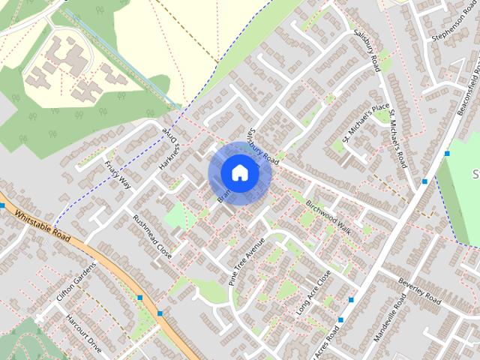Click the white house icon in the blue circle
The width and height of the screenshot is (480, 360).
(239, 173)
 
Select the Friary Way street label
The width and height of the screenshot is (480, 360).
(118, 174)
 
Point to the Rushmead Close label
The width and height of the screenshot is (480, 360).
(152, 238)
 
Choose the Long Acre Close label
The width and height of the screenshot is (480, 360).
(313, 292)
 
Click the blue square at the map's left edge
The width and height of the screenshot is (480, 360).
(2, 205)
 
